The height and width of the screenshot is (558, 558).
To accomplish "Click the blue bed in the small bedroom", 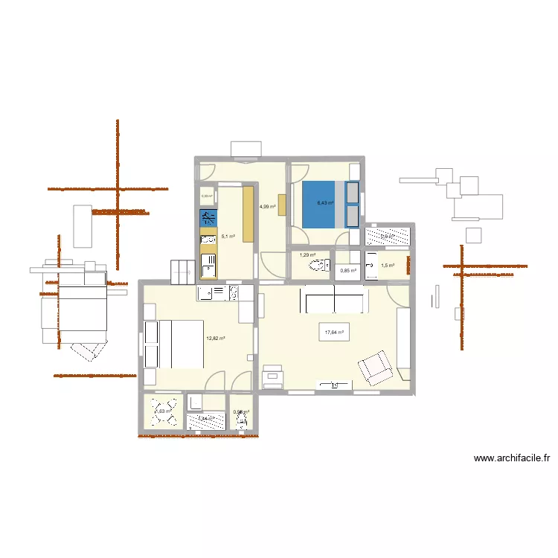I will [x=318, y=205].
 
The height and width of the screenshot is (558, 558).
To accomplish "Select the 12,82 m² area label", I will [x=216, y=339].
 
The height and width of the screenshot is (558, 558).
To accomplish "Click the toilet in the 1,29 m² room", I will [x=321, y=266].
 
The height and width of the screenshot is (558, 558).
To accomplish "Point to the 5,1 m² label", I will [x=228, y=237].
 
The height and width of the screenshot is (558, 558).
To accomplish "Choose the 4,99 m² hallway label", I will [x=267, y=207].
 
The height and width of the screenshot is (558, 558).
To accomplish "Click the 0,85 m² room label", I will [x=348, y=270].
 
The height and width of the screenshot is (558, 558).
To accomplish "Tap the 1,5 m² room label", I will [x=388, y=266].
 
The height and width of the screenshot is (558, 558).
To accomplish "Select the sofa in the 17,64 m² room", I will [x=333, y=301].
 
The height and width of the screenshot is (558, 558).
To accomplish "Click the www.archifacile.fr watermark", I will [x=516, y=459].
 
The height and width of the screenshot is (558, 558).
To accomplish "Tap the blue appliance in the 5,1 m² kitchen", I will [x=208, y=219].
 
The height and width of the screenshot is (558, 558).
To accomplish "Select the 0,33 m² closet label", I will [x=207, y=196].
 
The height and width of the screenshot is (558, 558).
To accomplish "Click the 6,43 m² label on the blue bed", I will [x=325, y=202].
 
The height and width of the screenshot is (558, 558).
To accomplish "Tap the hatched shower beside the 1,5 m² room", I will [x=388, y=237].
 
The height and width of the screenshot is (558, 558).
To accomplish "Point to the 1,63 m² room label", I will [x=163, y=410].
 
